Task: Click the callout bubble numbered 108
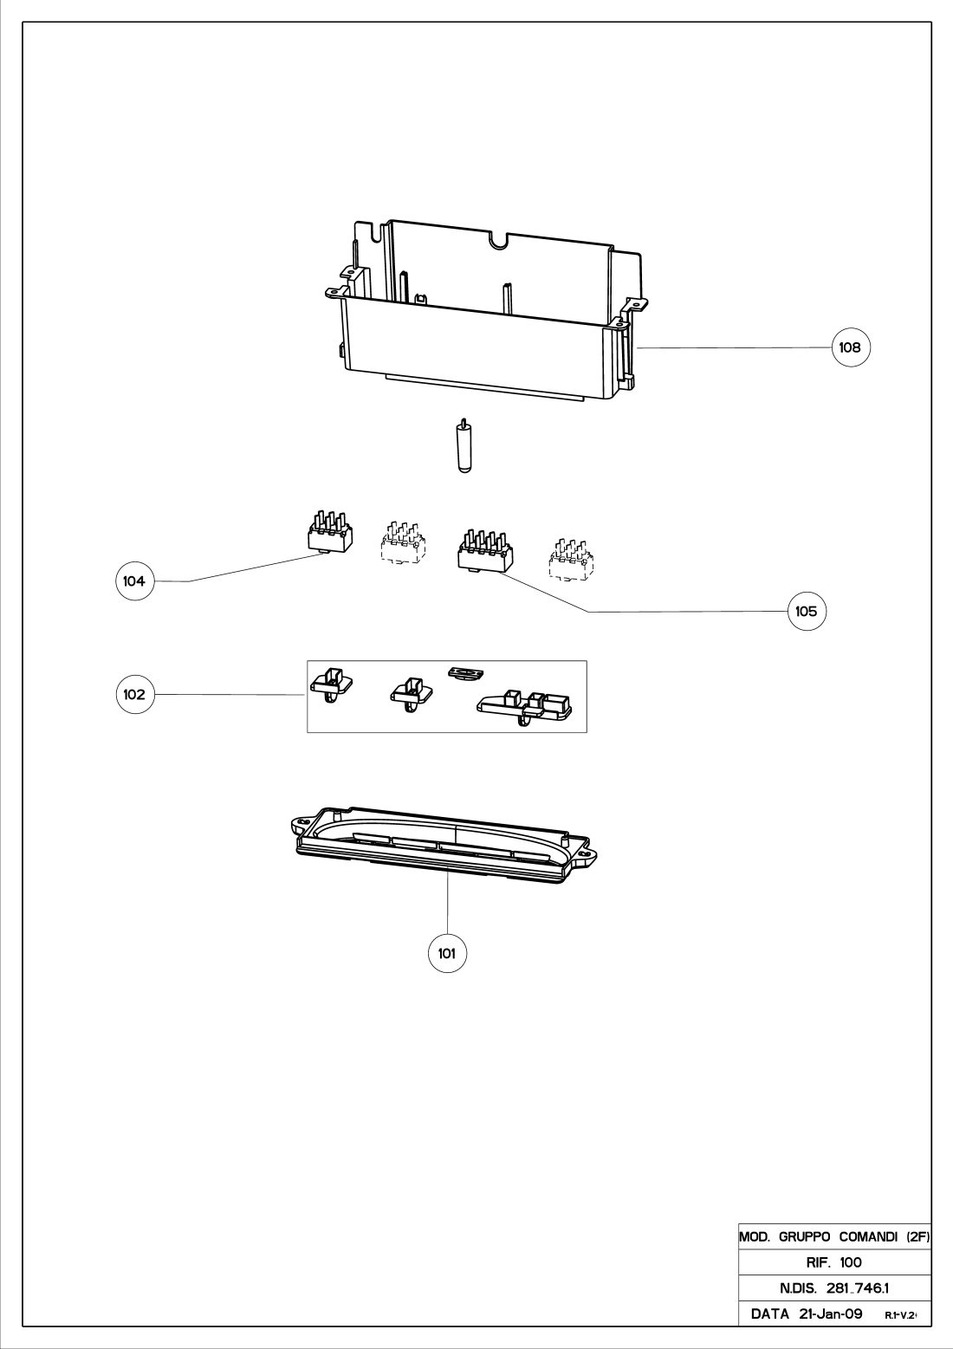pos(850,347)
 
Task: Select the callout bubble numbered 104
pos(134,581)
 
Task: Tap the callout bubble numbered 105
pos(806,611)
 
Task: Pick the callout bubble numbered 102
pos(134,694)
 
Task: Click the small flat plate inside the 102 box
pos(466,672)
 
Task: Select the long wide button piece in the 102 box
pos(526,706)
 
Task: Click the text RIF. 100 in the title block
pos(833,1262)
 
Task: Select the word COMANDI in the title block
pos(870,1238)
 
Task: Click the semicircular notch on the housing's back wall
pos(498,240)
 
